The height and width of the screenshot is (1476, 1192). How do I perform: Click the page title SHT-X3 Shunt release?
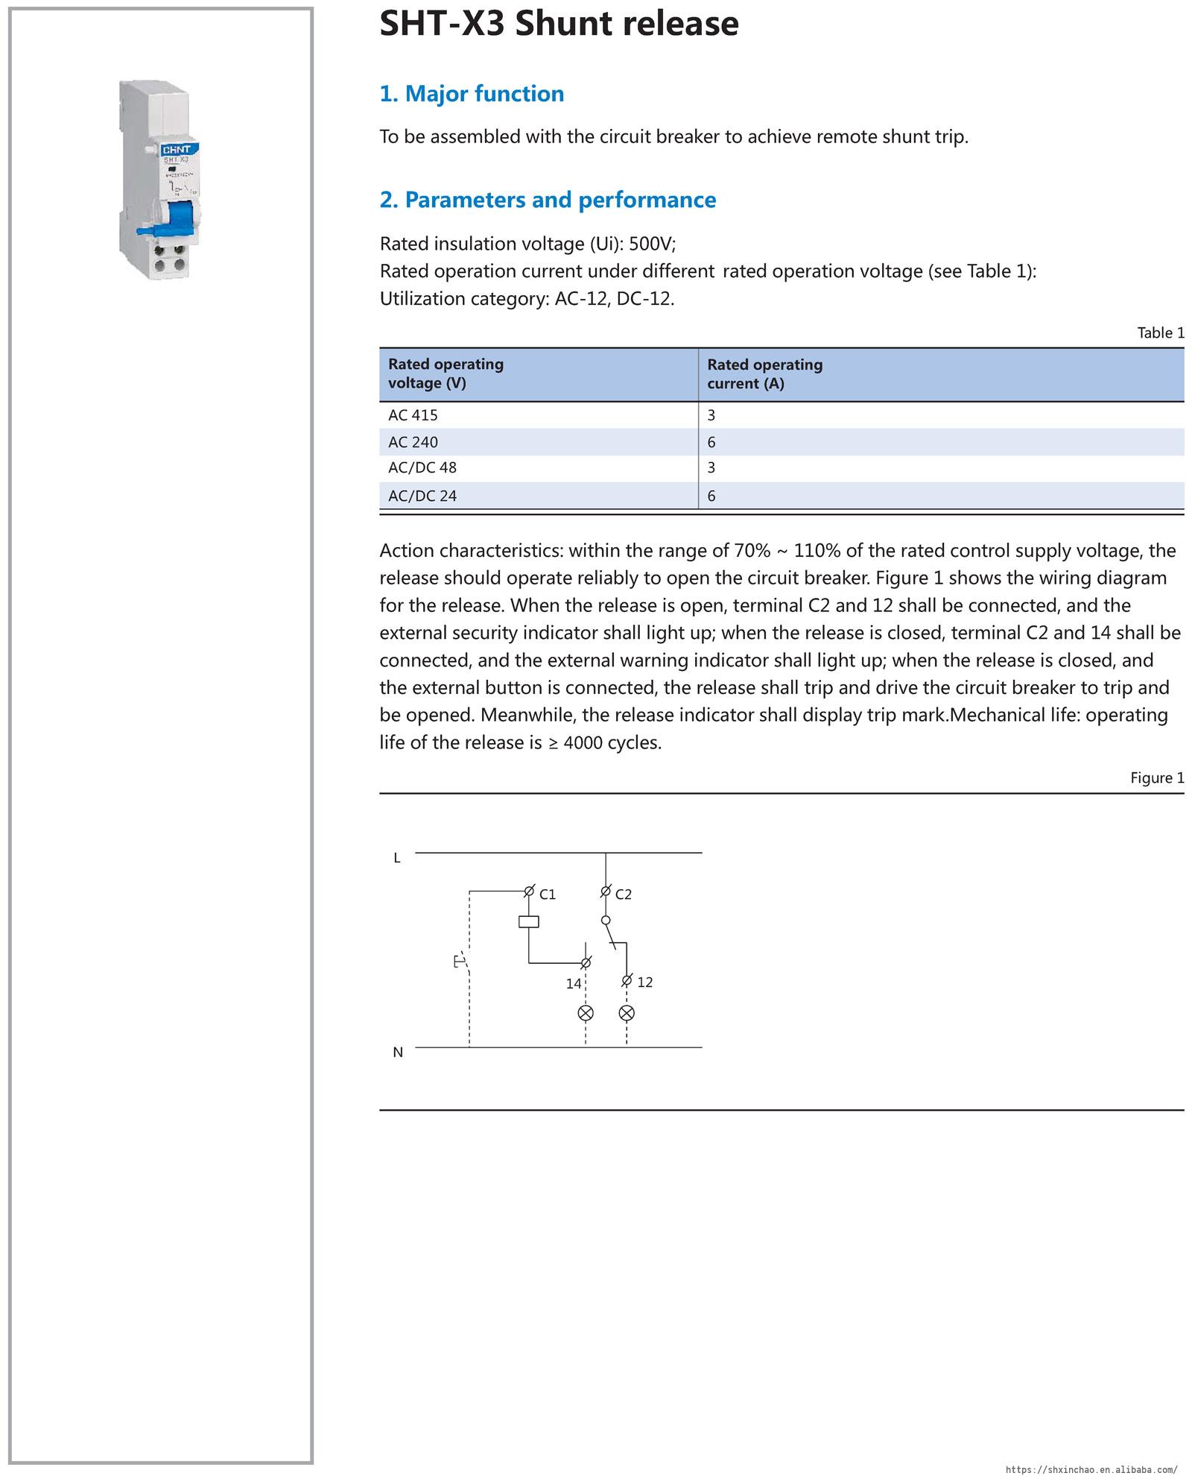point(559,24)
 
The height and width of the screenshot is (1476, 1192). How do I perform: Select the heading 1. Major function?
point(472,94)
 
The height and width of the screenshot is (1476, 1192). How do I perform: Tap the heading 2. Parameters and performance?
point(548,200)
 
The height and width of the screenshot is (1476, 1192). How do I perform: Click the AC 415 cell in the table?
point(413,415)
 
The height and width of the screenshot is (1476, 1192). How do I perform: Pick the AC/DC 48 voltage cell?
point(422,468)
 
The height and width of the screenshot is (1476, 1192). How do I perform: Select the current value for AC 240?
point(711,442)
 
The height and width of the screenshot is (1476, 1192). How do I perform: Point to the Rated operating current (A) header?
point(764,374)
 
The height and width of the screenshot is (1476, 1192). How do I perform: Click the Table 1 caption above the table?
point(1160,333)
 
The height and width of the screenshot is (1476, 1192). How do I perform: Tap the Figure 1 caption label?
point(1156,778)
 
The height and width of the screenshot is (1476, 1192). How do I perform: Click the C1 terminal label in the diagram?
point(548,895)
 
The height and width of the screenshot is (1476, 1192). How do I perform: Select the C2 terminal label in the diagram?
point(624,895)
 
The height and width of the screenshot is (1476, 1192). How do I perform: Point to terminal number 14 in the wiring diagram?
point(573,984)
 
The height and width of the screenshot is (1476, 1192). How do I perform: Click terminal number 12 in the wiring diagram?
point(645,983)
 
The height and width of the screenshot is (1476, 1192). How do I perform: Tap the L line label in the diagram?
point(397,859)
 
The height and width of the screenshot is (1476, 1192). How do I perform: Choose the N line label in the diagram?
point(398,1053)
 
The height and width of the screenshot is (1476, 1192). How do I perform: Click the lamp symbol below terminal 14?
point(586,1013)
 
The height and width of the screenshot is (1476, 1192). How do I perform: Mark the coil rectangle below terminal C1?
point(528,922)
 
